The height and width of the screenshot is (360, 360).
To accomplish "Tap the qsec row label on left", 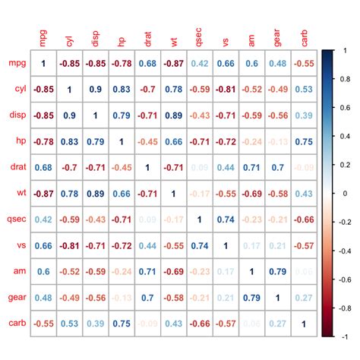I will point(17,219).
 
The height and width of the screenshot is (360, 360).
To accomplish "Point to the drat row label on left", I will point(17,168).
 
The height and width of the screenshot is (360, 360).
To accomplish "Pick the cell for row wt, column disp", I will point(95,194).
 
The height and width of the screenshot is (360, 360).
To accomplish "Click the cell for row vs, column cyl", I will point(68,245).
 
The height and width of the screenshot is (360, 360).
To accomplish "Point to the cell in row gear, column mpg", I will point(43,297).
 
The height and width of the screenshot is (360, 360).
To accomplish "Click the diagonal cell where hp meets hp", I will point(121,142).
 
